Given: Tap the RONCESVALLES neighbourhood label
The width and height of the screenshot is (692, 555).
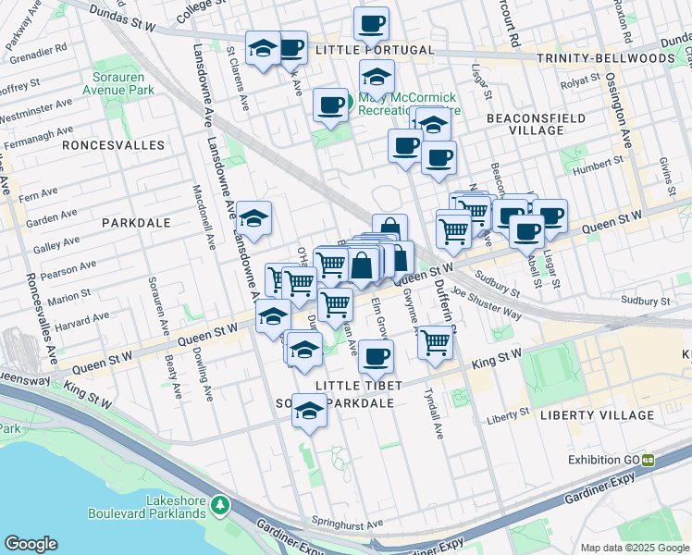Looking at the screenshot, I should click(113, 145).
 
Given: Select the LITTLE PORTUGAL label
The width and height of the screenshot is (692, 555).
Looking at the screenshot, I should click(374, 49).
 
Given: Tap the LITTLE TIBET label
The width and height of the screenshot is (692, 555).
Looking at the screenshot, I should click(355, 385).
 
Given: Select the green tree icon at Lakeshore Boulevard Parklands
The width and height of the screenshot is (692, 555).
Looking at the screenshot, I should click(219, 505).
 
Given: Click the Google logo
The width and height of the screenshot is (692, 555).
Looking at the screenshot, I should click(31, 544).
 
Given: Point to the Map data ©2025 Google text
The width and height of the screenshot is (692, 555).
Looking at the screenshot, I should click(634, 547).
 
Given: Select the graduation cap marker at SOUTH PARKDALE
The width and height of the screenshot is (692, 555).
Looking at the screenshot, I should click(309, 410).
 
